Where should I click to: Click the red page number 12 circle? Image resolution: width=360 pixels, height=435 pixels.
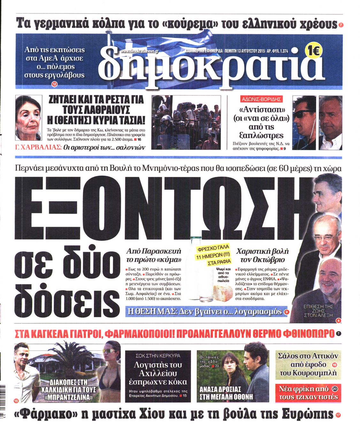pos(54,84)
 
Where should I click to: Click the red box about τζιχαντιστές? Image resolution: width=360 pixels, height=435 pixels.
pos(308,393)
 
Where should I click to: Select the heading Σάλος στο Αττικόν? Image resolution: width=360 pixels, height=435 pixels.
pos(308,356)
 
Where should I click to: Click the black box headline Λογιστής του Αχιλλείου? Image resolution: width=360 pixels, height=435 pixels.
pos(157,373)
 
